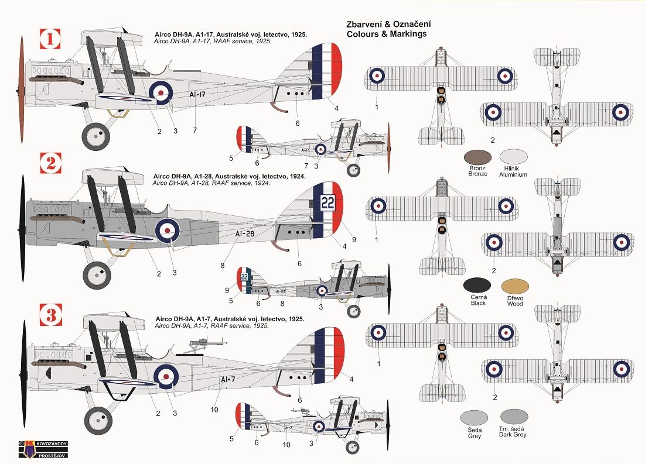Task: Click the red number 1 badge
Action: point(50,40)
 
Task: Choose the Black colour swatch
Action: point(477,286)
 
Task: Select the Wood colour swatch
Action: point(515,286)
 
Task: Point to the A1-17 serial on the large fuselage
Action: point(198,94)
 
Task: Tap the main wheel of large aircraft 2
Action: point(96,273)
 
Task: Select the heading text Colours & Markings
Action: point(387,34)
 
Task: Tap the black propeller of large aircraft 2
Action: point(22,225)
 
